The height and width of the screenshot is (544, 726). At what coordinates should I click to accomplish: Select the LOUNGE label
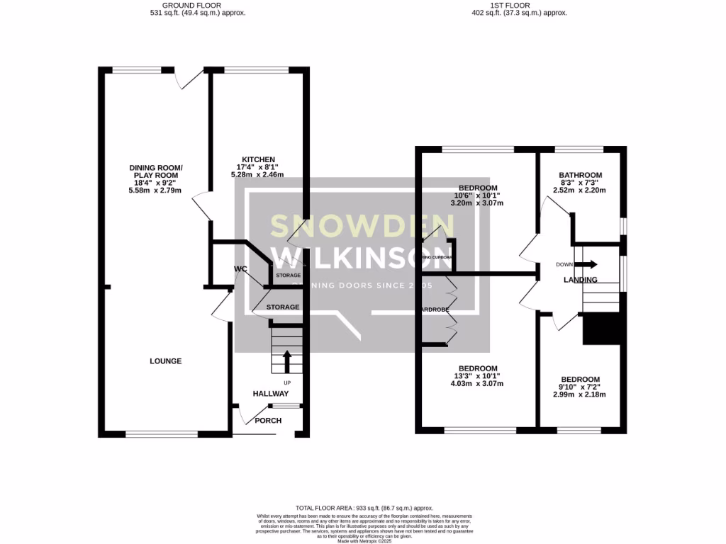click(x=165, y=361)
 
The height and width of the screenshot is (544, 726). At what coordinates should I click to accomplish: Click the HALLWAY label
click(x=271, y=394)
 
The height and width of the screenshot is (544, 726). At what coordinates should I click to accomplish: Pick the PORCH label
click(x=268, y=421)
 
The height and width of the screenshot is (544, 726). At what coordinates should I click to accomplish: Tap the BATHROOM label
click(x=580, y=175)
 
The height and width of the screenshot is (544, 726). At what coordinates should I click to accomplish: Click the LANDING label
click(x=580, y=280)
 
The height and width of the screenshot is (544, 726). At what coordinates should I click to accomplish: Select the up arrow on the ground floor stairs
click(x=287, y=361)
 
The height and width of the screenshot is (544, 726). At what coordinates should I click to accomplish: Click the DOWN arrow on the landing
click(x=586, y=264)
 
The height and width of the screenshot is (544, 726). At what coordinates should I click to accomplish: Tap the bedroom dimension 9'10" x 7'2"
click(x=580, y=387)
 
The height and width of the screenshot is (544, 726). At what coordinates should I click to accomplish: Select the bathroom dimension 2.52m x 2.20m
click(x=580, y=190)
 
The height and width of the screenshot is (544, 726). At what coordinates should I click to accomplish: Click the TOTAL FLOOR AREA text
click(x=364, y=508)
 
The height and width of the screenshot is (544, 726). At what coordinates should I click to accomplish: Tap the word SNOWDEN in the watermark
click(x=352, y=225)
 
